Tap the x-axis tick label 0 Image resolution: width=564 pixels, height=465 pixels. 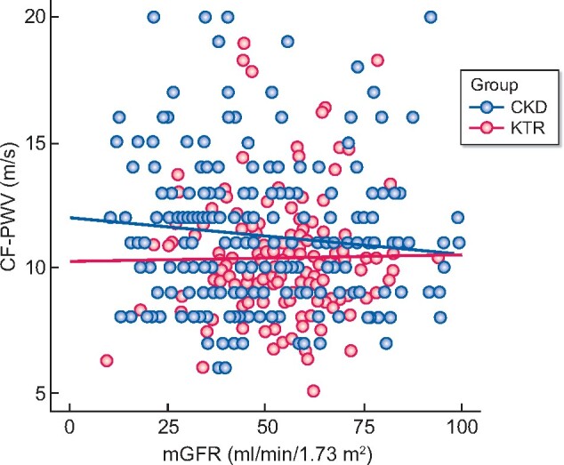point(69,429)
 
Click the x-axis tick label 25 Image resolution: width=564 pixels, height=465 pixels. point(166,429)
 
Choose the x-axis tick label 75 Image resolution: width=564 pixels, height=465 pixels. point(362,429)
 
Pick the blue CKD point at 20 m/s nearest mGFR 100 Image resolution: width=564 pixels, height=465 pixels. point(431,17)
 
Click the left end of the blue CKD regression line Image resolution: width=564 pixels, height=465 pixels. point(70,217)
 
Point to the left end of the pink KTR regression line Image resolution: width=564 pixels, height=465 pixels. point(70,261)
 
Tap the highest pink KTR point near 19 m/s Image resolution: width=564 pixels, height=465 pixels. point(244,43)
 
